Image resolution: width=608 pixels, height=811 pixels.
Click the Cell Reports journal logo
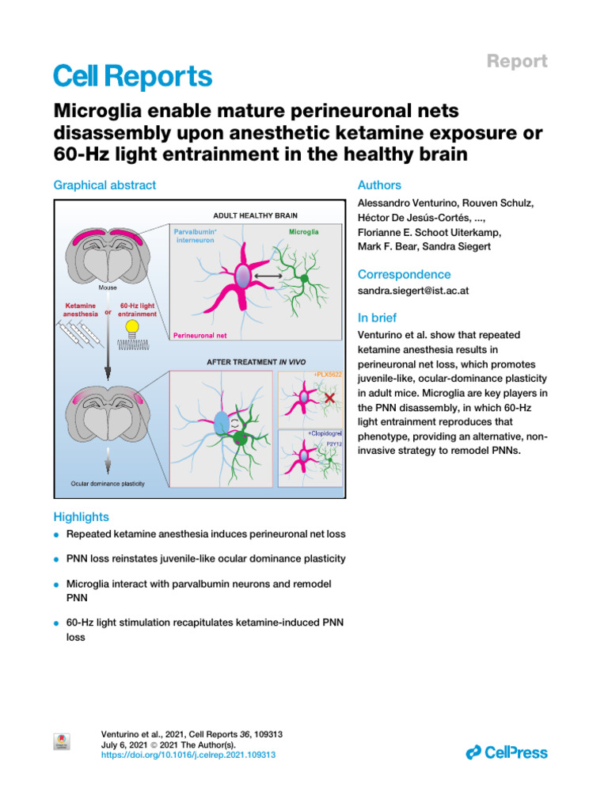pyautogui.click(x=132, y=76)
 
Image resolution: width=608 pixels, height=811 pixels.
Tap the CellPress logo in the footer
pyautogui.click(x=507, y=752)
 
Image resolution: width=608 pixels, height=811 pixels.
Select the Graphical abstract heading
pyautogui.click(x=104, y=185)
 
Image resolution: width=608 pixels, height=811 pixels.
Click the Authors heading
pyautogui.click(x=379, y=185)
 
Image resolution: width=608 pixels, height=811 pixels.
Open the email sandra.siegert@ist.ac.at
pyautogui.click(x=413, y=291)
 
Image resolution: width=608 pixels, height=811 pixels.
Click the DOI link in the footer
pyautogui.click(x=189, y=756)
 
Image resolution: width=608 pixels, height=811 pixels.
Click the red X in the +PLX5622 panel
pyautogui.click(x=325, y=398)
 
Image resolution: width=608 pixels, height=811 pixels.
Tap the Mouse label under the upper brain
pyautogui.click(x=108, y=288)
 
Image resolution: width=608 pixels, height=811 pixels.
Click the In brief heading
pyautogui.click(x=377, y=318)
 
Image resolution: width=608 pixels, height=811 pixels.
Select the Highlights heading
pyautogui.click(x=82, y=516)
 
